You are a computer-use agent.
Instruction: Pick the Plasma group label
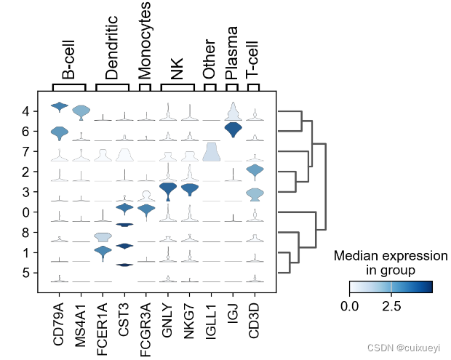232,53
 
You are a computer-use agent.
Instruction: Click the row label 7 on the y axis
25,152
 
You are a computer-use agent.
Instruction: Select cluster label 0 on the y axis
25,212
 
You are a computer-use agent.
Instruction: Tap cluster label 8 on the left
25,233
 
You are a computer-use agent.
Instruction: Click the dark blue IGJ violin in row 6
233,130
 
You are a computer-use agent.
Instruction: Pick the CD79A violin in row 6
59,133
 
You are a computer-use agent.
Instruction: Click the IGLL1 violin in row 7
211,152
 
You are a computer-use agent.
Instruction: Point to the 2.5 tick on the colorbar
391,305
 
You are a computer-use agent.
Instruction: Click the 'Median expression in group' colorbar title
390,263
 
